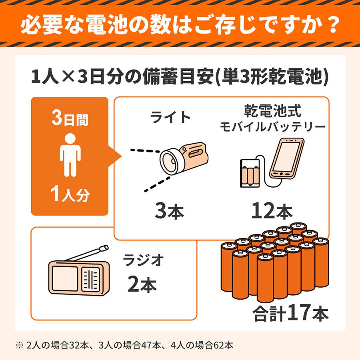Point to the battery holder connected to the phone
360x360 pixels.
[x=251, y=172]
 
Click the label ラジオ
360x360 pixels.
[x=142, y=260]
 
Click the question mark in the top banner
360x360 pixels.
[x=330, y=25]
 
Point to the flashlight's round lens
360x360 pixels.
[x=170, y=162]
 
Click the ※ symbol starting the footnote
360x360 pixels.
[x=20, y=344]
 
